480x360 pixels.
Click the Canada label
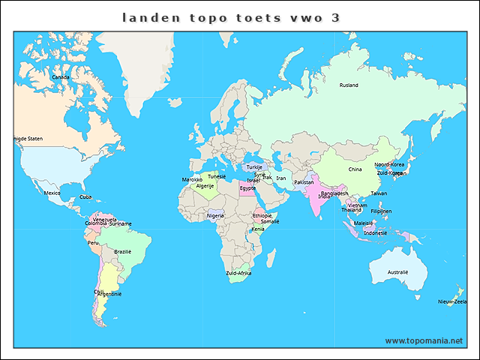pyautogui.click(x=60, y=76)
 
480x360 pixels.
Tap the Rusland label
pyautogui.click(x=349, y=85)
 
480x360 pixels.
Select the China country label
pyautogui.click(x=355, y=169)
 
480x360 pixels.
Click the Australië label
pyautogui.click(x=397, y=271)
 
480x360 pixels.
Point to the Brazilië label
pyautogui.click(x=123, y=251)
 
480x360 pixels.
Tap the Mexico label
pyautogui.click(x=52, y=193)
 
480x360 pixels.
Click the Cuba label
pyautogui.click(x=85, y=196)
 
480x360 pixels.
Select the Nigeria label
pyautogui.click(x=216, y=216)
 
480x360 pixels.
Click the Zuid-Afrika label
pyautogui.click(x=238, y=274)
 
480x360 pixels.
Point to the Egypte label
pyautogui.click(x=247, y=188)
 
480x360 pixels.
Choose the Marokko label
pyautogui.click(x=192, y=180)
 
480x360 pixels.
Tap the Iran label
pyautogui.click(x=280, y=178)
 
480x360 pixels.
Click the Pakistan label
pyautogui.click(x=304, y=182)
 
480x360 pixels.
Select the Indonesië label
pyautogui.click(x=375, y=232)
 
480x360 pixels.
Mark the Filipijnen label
pyautogui.click(x=381, y=211)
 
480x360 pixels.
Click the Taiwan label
pyautogui.click(x=379, y=193)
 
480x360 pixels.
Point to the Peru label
pyautogui.click(x=93, y=243)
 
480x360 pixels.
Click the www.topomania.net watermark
pyautogui.click(x=424, y=340)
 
